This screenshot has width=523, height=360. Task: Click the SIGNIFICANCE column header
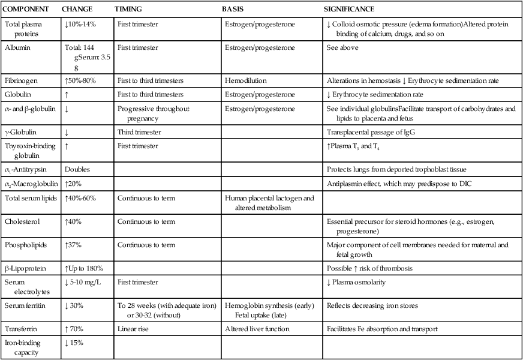(349, 10)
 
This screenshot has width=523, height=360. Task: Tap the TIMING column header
(128, 10)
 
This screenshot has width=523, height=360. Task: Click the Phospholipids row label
(25, 245)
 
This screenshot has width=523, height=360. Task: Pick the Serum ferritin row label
(25, 306)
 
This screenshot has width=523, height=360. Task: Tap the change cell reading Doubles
(78, 170)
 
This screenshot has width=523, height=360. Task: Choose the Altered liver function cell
(257, 329)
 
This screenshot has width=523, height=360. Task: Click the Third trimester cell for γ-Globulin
(139, 132)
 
